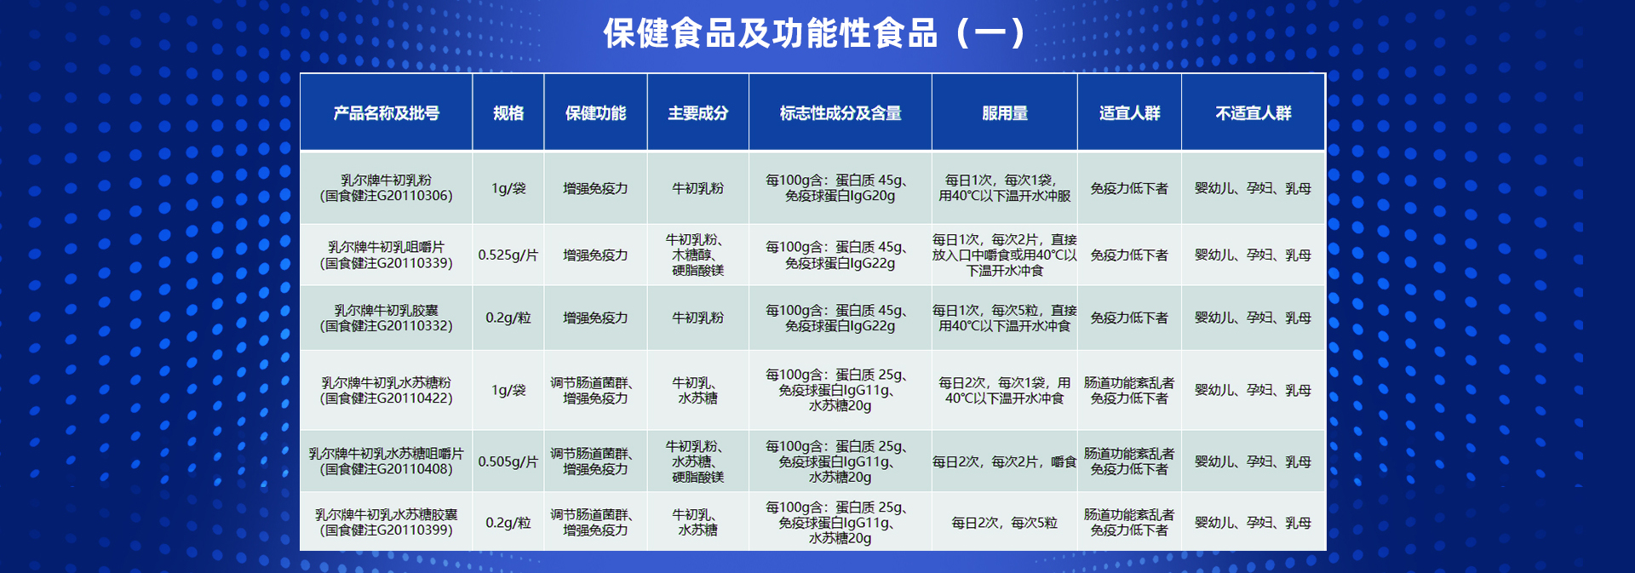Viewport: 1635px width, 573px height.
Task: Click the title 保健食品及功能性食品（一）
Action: [816, 34]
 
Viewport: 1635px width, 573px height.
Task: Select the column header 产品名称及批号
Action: [387, 113]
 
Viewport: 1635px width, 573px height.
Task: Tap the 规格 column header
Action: [508, 113]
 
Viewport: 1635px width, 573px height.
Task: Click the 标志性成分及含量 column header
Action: [840, 113]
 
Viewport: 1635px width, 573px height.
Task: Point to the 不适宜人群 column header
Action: [1253, 113]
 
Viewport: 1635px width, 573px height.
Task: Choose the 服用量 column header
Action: [1005, 113]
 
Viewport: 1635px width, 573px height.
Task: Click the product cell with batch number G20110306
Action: [387, 188]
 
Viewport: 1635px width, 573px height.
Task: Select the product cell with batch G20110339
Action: [387, 255]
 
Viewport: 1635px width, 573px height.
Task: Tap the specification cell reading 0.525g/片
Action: [508, 255]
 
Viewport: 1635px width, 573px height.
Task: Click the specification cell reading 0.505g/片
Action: [508, 461]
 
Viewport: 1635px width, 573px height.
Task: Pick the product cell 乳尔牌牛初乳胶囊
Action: [387, 318]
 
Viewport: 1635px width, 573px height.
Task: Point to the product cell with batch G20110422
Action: [387, 390]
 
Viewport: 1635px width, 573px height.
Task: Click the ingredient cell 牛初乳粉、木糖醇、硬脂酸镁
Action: [698, 255]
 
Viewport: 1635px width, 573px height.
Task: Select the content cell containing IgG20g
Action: [840, 188]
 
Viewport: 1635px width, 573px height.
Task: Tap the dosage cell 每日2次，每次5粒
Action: [1005, 523]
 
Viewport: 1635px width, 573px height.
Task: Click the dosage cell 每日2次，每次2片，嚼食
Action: [1005, 461]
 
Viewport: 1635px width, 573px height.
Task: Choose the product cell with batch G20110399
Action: [387, 522]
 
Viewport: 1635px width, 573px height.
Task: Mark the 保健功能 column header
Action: [596, 113]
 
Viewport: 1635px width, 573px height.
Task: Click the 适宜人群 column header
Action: [1130, 113]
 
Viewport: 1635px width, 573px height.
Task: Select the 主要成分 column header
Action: [698, 113]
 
